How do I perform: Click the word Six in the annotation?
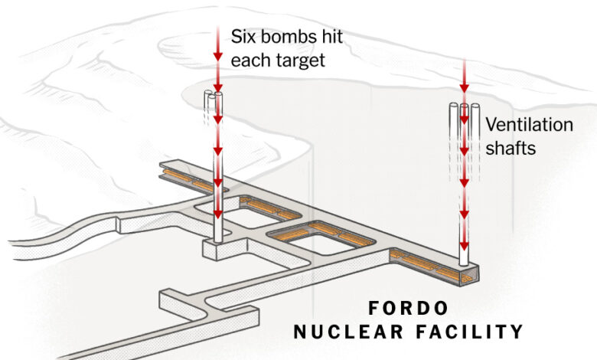tap(242, 37)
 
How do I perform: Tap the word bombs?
tap(287, 37)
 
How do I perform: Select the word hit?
tap(332, 37)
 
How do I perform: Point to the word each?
tap(250, 61)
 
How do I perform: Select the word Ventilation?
tap(529, 125)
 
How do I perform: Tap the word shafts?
tap(511, 148)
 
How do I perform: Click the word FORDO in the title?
tap(408, 308)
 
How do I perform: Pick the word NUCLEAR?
tap(348, 332)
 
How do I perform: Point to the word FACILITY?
tap(469, 332)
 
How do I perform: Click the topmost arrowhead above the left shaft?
tap(218, 57)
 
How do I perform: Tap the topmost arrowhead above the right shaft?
tap(464, 88)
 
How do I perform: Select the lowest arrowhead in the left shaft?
tap(218, 214)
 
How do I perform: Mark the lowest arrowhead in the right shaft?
tap(464, 245)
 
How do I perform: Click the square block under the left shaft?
tap(217, 250)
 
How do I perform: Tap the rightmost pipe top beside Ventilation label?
tap(475, 106)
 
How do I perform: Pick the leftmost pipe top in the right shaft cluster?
tap(454, 106)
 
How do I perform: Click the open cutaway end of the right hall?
tap(469, 276)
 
